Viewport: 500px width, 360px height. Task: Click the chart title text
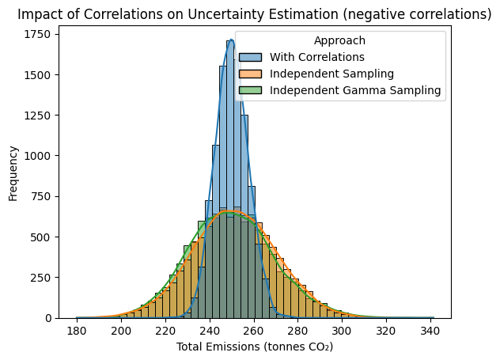click(x=255, y=14)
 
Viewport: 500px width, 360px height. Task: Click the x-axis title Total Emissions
click(x=255, y=347)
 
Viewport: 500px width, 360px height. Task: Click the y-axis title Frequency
click(x=13, y=173)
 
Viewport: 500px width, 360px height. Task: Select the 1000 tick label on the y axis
click(x=37, y=156)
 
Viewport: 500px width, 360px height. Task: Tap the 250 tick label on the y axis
click(x=40, y=278)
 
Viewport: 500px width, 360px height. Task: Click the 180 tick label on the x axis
click(x=77, y=331)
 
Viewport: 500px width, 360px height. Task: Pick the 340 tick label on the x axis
click(x=430, y=331)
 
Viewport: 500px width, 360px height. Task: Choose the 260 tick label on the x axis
click(x=253, y=331)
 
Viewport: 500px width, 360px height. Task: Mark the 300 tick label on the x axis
click(x=341, y=331)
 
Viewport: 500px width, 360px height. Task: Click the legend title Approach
click(x=339, y=41)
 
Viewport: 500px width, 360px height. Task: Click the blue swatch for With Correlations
click(x=250, y=58)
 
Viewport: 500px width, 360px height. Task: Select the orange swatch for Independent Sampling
click(x=250, y=74)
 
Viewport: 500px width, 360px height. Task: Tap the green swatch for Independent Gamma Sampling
click(x=250, y=90)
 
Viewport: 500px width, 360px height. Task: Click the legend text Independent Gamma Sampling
click(x=355, y=90)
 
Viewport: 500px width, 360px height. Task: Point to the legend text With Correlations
click(x=317, y=57)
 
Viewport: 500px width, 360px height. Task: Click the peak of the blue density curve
click(x=231, y=40)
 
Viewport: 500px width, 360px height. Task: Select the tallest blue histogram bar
click(x=230, y=179)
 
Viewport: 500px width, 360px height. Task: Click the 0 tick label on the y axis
click(x=47, y=318)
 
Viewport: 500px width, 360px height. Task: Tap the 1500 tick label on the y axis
click(x=37, y=75)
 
